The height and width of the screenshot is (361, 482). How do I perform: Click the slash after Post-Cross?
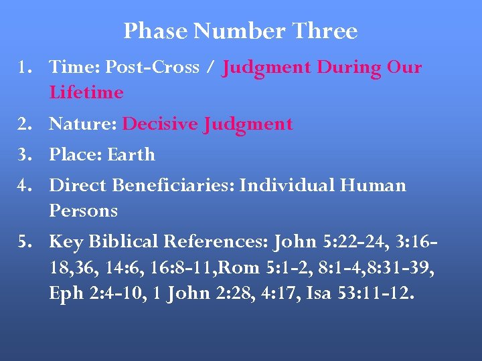click(x=212, y=67)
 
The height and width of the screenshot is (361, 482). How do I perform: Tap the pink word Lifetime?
click(x=86, y=92)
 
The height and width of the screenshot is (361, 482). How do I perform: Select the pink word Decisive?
click(x=151, y=124)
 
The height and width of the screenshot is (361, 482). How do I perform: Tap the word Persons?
click(x=83, y=211)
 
